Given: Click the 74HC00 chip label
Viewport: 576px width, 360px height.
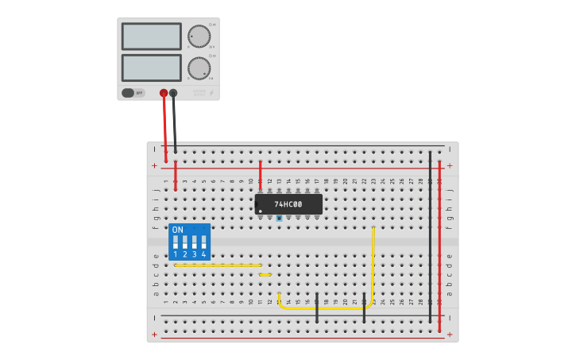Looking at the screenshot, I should (x=288, y=204).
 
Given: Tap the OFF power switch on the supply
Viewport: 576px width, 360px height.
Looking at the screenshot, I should (x=133, y=93).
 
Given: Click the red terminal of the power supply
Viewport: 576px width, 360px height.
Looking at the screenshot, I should (x=164, y=93).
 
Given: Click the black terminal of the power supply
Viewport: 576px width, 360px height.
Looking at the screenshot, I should (x=173, y=93).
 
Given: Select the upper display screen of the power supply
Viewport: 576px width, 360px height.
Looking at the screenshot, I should (x=152, y=36).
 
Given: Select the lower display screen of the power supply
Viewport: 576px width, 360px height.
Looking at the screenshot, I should (x=152, y=67).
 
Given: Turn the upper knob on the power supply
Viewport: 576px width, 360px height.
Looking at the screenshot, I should (x=199, y=37).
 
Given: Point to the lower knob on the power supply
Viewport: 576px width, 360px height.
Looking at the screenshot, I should (x=199, y=68).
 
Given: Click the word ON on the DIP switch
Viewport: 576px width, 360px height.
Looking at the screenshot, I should (x=177, y=230).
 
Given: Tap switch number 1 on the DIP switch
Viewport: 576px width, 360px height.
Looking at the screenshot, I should (x=176, y=242).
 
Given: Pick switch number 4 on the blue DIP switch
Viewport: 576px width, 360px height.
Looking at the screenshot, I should (x=203, y=242).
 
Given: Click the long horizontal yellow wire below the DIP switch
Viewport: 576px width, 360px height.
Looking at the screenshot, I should (x=218, y=265).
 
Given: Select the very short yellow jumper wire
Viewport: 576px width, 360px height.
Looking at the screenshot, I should (x=265, y=275).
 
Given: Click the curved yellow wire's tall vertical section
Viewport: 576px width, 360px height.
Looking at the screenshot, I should (x=373, y=262).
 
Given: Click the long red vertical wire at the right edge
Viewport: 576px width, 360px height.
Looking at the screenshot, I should (x=439, y=238).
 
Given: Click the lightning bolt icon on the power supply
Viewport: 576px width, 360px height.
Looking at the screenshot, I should (x=211, y=93).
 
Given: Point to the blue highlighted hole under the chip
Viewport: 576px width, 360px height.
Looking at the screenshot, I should (x=279, y=218).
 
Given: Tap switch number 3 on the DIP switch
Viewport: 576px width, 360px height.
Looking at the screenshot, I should (x=194, y=242).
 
